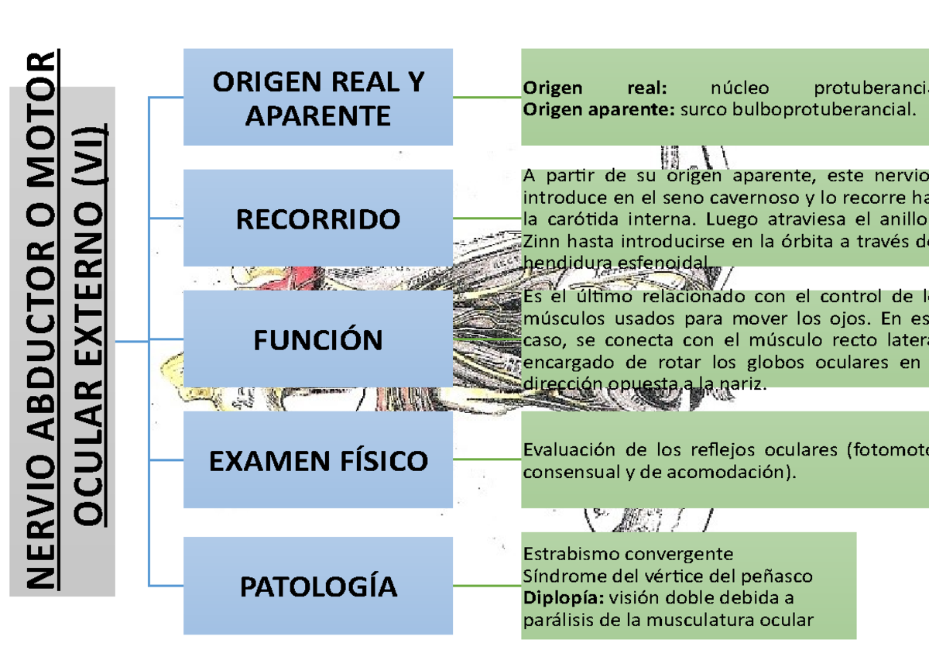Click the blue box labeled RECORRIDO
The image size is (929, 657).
point(317,219)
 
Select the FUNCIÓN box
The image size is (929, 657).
point(317,340)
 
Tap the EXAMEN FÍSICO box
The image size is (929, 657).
point(317,461)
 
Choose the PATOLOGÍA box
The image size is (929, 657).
point(317,586)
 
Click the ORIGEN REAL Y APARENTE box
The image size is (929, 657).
point(317,98)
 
